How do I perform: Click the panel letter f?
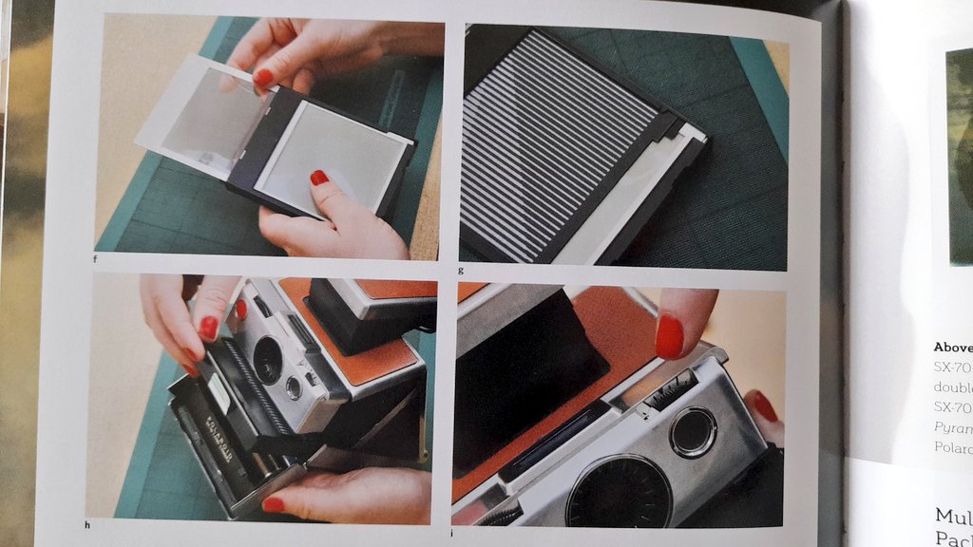pyautogui.click(x=97, y=257)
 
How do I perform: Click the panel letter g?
pyautogui.click(x=461, y=270)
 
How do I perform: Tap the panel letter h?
pyautogui.click(x=88, y=524)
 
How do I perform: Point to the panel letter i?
pyautogui.click(x=453, y=532)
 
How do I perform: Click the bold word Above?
pyautogui.click(x=952, y=347)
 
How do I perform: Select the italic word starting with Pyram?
pyautogui.click(x=953, y=428)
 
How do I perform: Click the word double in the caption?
pyautogui.click(x=953, y=387)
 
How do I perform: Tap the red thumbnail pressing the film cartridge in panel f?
pyautogui.click(x=319, y=178)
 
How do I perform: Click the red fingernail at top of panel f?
pyautogui.click(x=263, y=77)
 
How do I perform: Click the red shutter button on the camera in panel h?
pyautogui.click(x=240, y=310)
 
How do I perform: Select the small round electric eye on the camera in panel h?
pyautogui.click(x=294, y=387)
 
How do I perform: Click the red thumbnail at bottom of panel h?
pyautogui.click(x=273, y=504)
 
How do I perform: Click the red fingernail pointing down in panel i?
pyautogui.click(x=669, y=337)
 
